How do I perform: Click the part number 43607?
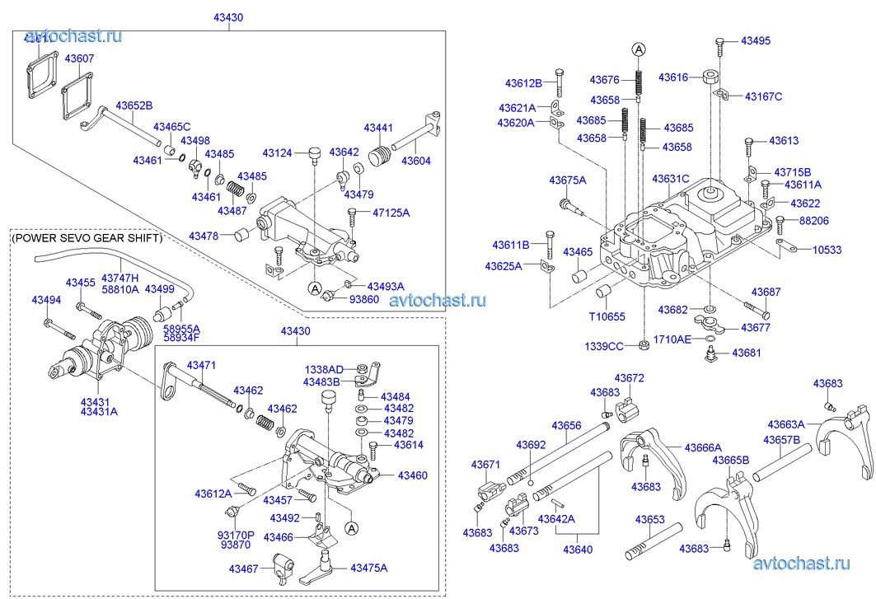pyautogui.click(x=79, y=58)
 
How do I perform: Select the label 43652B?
pyautogui.click(x=134, y=105)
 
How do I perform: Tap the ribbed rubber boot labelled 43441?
pyautogui.click(x=378, y=157)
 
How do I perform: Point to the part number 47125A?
pyautogui.click(x=391, y=213)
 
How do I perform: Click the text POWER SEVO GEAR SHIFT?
pyautogui.click(x=87, y=238)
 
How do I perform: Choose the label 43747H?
pyautogui.click(x=119, y=278)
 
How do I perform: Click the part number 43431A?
pyautogui.click(x=98, y=411)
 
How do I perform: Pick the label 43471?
pyautogui.click(x=200, y=365)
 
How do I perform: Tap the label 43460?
pyautogui.click(x=413, y=475)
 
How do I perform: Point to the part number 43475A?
pyautogui.click(x=368, y=568)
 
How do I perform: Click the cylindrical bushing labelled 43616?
pyautogui.click(x=707, y=79)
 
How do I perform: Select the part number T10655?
pyautogui.click(x=607, y=316)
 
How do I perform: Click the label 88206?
pyautogui.click(x=813, y=221)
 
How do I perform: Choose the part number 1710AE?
pyautogui.click(x=672, y=339)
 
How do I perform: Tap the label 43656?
pyautogui.click(x=566, y=426)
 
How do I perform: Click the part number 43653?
pyautogui.click(x=649, y=520)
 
